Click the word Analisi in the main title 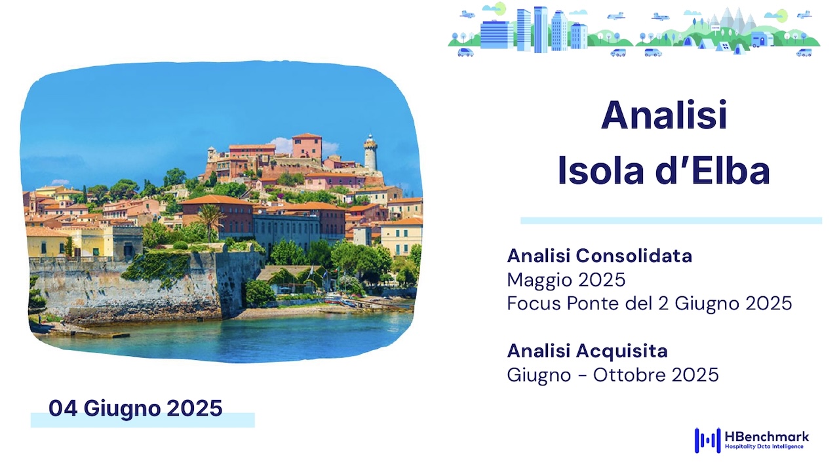click(x=664, y=115)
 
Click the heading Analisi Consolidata click(x=599, y=256)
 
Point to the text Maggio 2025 click(x=566, y=279)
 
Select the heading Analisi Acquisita click(x=587, y=351)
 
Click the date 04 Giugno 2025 click(x=136, y=408)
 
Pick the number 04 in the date click(x=63, y=408)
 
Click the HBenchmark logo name click(x=767, y=437)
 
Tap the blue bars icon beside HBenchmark click(x=707, y=441)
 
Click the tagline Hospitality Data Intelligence click(x=764, y=446)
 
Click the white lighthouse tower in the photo click(x=370, y=153)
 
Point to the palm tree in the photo click(x=210, y=221)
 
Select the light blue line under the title click(x=671, y=221)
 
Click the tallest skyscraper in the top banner click(x=541, y=29)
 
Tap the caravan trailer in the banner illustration click(x=761, y=39)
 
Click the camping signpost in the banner click(x=715, y=30)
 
